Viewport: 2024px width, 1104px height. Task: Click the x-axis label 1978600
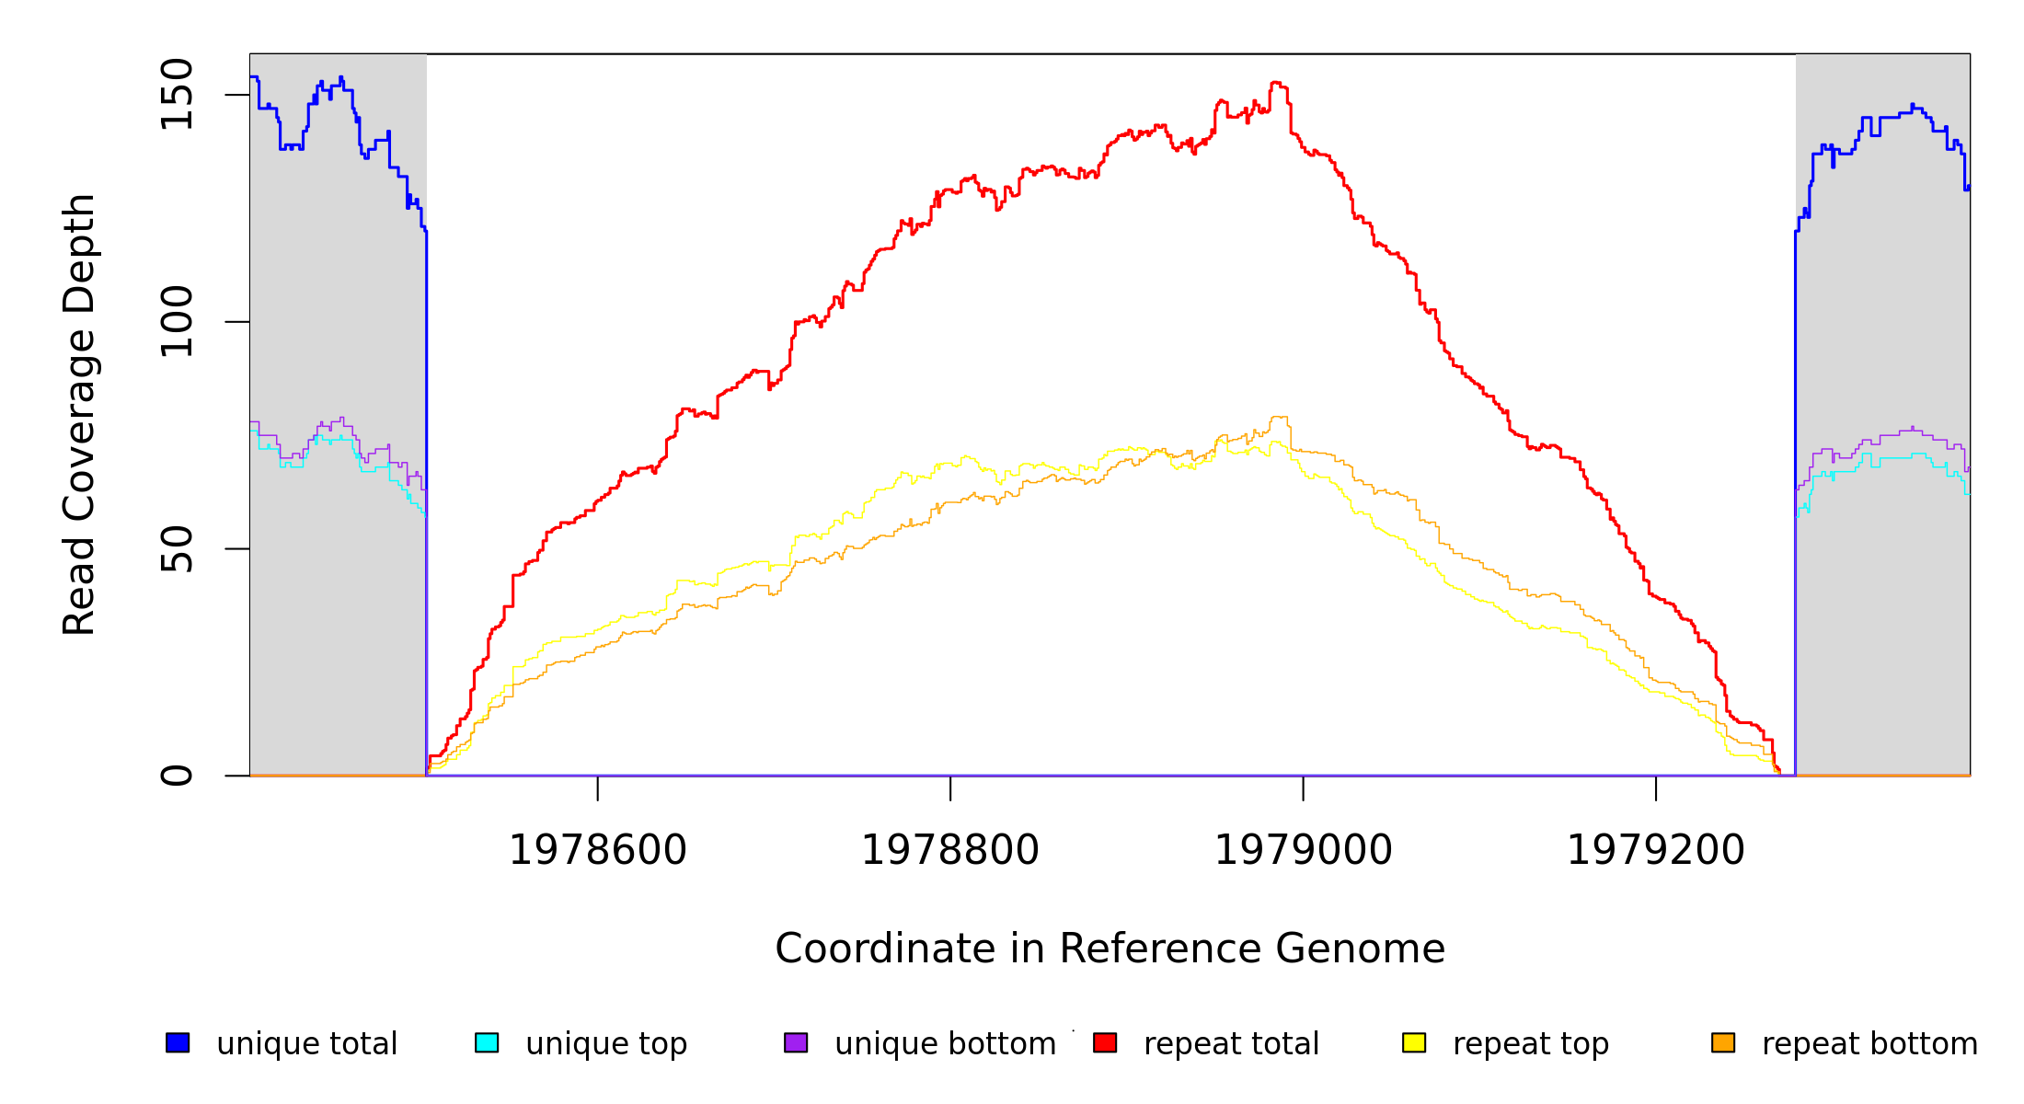pos(598,850)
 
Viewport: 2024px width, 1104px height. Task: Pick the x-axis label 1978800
pos(950,850)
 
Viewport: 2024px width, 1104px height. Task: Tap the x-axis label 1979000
pos(1303,850)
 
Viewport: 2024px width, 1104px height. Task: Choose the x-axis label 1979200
pos(1655,850)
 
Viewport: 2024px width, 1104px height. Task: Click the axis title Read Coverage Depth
pos(79,414)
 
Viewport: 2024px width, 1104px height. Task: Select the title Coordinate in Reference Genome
pos(1110,949)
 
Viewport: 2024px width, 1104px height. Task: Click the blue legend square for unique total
pos(178,1042)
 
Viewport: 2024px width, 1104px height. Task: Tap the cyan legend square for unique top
pos(487,1042)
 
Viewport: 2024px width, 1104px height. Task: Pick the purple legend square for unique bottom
pos(796,1042)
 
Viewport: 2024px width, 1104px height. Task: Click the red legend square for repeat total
pos(1105,1042)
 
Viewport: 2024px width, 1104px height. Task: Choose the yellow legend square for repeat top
pos(1414,1042)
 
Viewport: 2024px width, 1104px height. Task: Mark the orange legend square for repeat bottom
pos(1723,1042)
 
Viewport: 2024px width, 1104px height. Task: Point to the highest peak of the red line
pos(1276,83)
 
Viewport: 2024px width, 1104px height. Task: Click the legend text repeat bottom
pos(1869,1044)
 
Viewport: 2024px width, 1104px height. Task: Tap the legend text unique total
pos(307,1044)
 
